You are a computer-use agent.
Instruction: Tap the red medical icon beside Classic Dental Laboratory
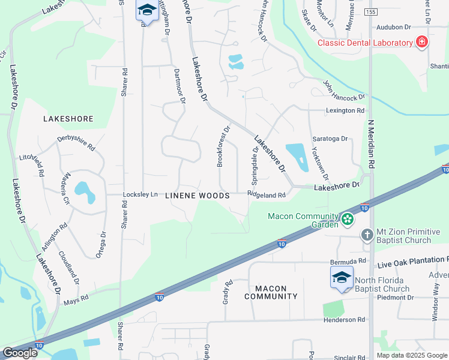point(422,42)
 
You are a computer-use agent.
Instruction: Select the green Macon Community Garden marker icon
point(347,220)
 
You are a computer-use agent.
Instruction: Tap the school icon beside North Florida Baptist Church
point(342,278)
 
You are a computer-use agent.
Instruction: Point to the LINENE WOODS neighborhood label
point(197,196)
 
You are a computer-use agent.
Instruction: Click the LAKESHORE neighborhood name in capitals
point(68,119)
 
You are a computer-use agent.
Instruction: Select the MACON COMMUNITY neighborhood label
point(271,292)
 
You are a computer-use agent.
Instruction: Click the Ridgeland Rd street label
point(266,195)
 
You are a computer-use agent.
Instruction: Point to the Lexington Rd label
point(345,111)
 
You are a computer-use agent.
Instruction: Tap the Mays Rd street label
point(76,296)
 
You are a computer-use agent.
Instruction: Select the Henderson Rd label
point(344,320)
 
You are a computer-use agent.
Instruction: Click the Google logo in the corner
point(19,353)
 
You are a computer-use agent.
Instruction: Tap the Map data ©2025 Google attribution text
point(412,355)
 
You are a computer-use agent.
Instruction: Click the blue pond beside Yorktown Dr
point(296,155)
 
